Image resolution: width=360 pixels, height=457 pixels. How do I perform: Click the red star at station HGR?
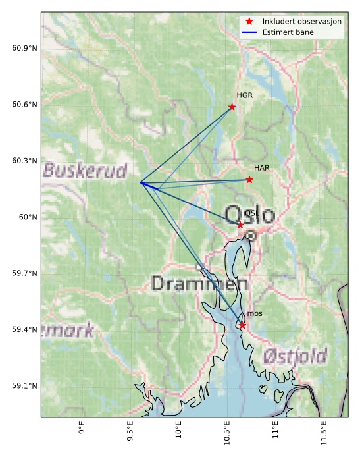[232, 107]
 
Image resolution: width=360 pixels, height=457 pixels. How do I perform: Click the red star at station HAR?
[249, 180]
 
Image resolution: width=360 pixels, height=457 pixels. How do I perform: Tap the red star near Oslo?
[240, 225]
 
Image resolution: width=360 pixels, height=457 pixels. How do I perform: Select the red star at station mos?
[242, 325]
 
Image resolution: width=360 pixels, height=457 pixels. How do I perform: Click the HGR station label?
[245, 95]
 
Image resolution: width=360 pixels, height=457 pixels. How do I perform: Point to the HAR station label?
[262, 169]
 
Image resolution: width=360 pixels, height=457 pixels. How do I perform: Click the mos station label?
[255, 314]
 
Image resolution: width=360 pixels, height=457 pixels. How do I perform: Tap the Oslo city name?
[249, 215]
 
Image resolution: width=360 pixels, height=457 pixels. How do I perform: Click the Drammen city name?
[199, 284]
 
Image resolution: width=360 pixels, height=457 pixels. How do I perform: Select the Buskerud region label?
[85, 171]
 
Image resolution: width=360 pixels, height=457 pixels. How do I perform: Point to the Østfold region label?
[295, 357]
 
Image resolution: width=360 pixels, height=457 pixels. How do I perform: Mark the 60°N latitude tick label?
[28, 217]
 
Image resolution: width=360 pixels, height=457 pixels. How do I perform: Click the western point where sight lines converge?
[141, 182]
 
